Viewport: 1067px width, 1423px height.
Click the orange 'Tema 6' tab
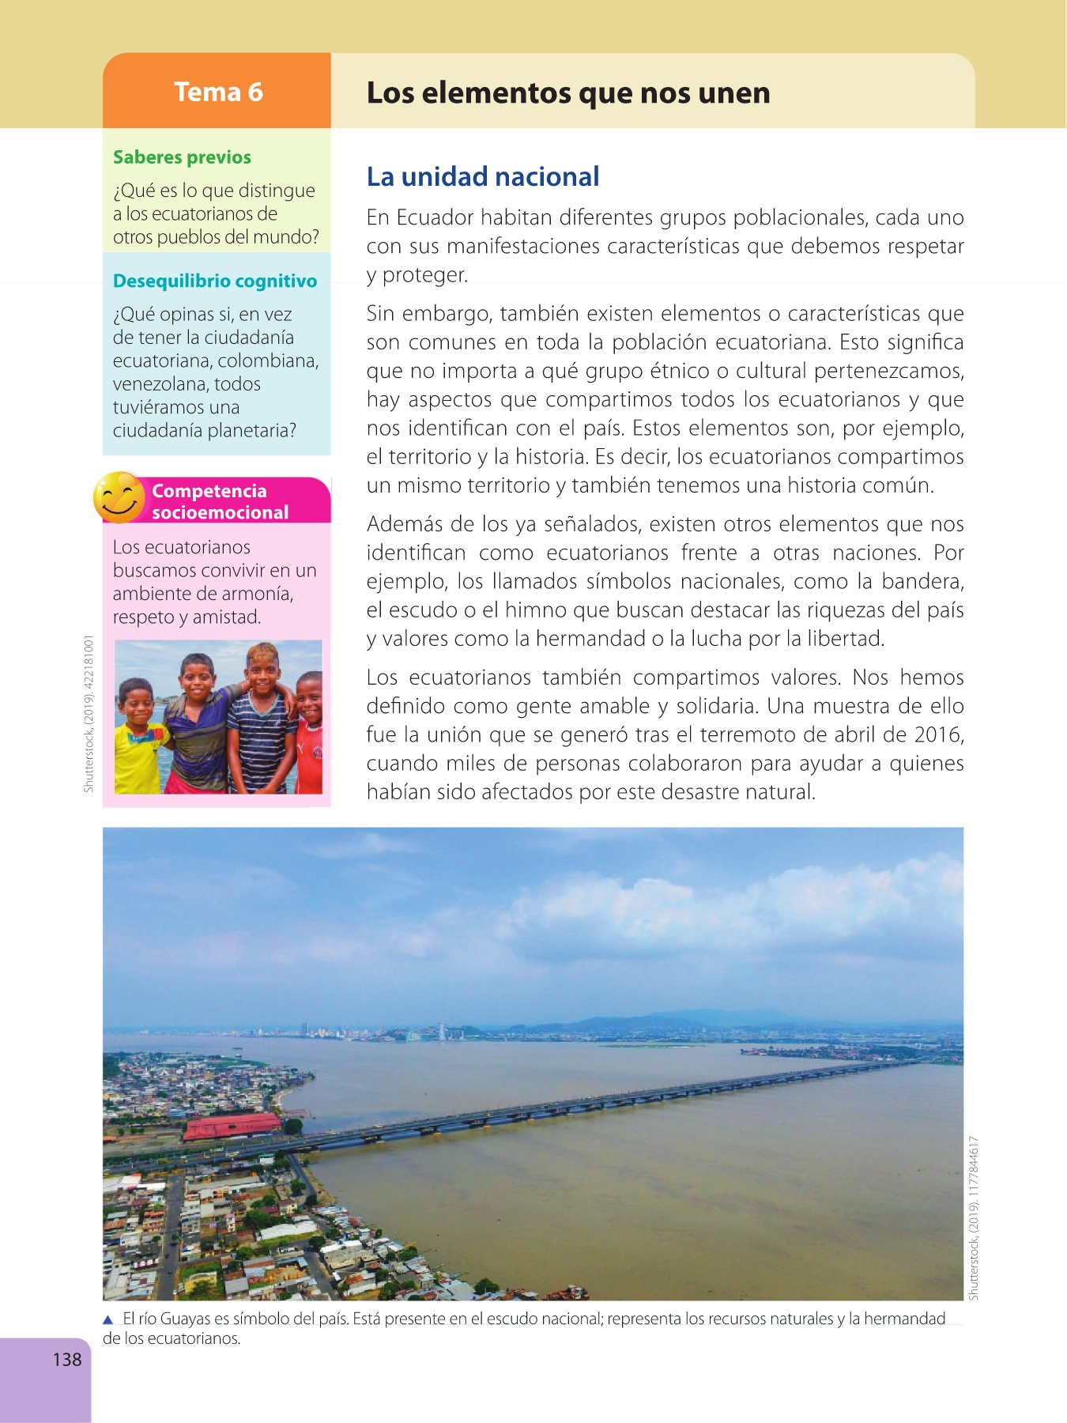tap(217, 92)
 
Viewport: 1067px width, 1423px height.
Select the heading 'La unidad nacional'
tap(483, 176)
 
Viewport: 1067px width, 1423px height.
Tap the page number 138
tap(67, 1359)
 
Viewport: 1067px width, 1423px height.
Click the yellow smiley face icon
tap(119, 497)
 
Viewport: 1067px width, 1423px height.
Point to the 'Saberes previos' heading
tap(182, 157)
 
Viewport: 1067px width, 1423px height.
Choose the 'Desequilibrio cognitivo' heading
tap(215, 281)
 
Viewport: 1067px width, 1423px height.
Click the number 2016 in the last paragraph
tap(937, 734)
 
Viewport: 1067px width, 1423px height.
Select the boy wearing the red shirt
tap(311, 735)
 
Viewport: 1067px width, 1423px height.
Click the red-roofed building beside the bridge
tap(232, 1126)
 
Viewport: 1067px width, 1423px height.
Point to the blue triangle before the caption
tap(109, 1319)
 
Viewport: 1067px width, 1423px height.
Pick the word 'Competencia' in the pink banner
tap(209, 491)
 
